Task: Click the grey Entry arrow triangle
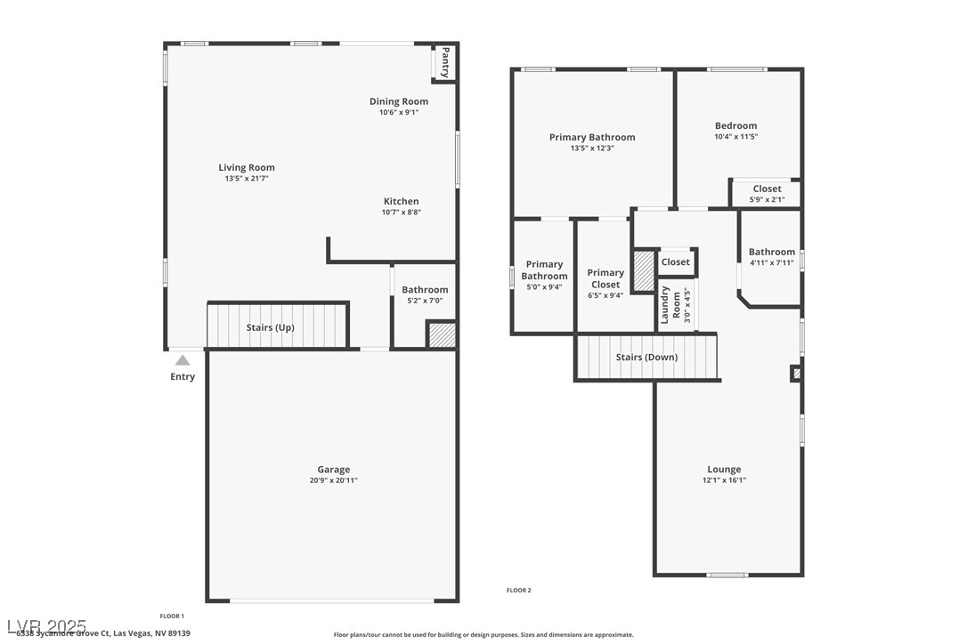(x=183, y=360)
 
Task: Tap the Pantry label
(x=445, y=62)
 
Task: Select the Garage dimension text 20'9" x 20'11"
(x=334, y=480)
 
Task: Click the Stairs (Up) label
(x=270, y=327)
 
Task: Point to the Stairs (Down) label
(x=646, y=357)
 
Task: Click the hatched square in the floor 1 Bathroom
(x=442, y=334)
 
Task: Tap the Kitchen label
(x=401, y=201)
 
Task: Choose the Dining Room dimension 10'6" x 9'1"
(x=399, y=112)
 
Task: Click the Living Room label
(x=247, y=167)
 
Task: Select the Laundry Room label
(x=670, y=305)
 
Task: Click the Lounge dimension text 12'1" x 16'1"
(x=724, y=480)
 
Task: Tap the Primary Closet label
(x=605, y=278)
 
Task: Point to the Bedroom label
(x=735, y=125)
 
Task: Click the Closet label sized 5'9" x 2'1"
(x=767, y=189)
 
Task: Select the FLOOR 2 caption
(x=518, y=590)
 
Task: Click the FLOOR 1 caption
(x=172, y=616)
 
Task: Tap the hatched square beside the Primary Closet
(x=643, y=271)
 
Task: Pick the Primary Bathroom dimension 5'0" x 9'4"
(x=544, y=286)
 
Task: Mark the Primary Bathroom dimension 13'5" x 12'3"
(x=592, y=148)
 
